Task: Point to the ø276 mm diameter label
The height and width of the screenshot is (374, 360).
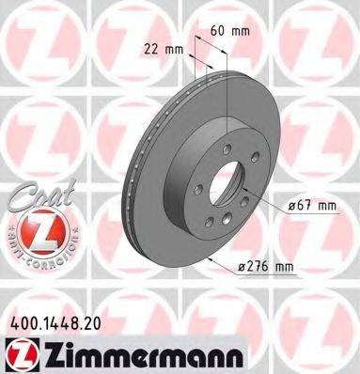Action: click(x=265, y=266)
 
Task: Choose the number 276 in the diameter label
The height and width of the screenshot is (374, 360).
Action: click(x=258, y=266)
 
